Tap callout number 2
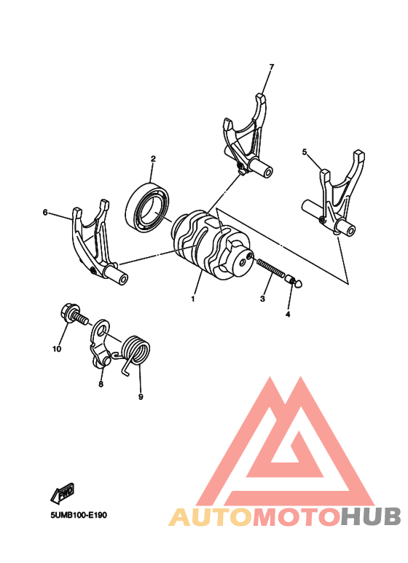(x=154, y=159)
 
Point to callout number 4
(x=287, y=315)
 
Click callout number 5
(x=305, y=152)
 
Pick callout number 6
(x=45, y=213)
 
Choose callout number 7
(x=272, y=67)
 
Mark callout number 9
(x=141, y=397)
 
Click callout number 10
(x=57, y=349)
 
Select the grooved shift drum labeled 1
(x=208, y=244)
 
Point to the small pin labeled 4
(x=294, y=280)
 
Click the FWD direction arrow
(x=63, y=493)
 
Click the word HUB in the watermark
(x=371, y=516)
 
